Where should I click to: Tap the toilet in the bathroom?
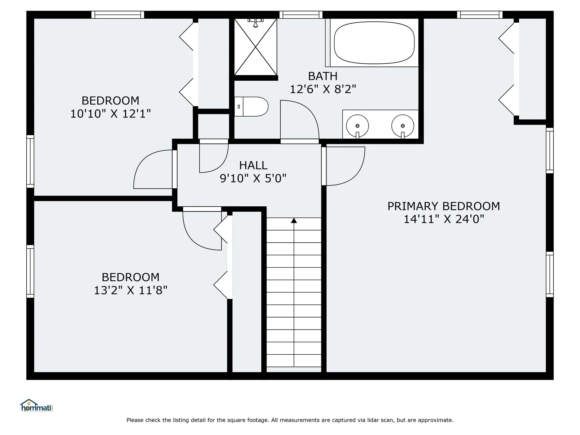tap(251, 107)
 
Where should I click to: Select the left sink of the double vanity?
tap(357, 126)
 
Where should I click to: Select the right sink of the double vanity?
tap(403, 126)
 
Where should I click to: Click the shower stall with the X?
tap(256, 47)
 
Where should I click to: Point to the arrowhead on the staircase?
tap(294, 221)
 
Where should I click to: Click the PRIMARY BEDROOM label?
tap(444, 206)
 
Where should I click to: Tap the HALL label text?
tap(253, 165)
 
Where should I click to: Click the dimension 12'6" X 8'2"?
tap(323, 89)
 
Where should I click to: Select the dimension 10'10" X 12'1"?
tap(111, 114)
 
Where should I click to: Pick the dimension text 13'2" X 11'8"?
tap(130, 290)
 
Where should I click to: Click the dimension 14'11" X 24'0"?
tap(444, 219)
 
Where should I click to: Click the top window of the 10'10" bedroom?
tap(118, 15)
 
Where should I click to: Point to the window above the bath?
tap(301, 15)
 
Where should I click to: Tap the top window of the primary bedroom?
tap(480, 15)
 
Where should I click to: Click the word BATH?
tap(323, 76)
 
